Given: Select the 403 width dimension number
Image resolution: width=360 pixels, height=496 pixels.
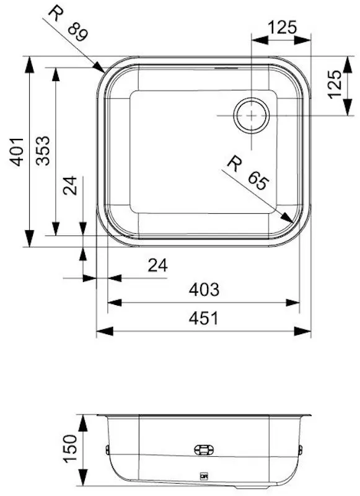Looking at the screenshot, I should [204, 290].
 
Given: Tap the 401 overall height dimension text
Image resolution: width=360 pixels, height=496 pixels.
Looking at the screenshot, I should [19, 151].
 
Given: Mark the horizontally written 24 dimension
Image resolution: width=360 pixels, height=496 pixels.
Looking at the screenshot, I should [157, 265].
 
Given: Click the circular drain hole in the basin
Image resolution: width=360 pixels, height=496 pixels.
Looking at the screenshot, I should [251, 115].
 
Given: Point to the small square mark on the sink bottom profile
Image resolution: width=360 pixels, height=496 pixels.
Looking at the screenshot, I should [202, 477].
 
